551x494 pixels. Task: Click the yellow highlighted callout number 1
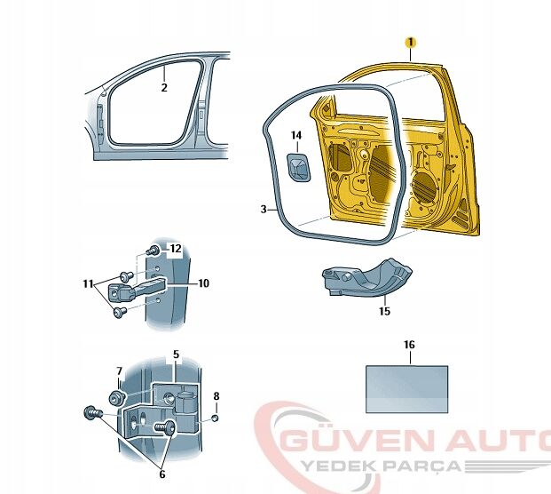(410, 42)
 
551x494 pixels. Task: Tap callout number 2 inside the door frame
(164, 87)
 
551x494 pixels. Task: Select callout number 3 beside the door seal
(264, 210)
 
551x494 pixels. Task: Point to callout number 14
(296, 135)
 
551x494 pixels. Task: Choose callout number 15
(384, 311)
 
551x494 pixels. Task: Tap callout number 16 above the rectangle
(408, 344)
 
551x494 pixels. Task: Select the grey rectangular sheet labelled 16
(407, 386)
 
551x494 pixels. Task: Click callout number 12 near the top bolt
(176, 248)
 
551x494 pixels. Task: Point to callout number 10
(204, 283)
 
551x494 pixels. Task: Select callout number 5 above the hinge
(176, 354)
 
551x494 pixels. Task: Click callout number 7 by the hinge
(120, 370)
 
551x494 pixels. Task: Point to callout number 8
(216, 396)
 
